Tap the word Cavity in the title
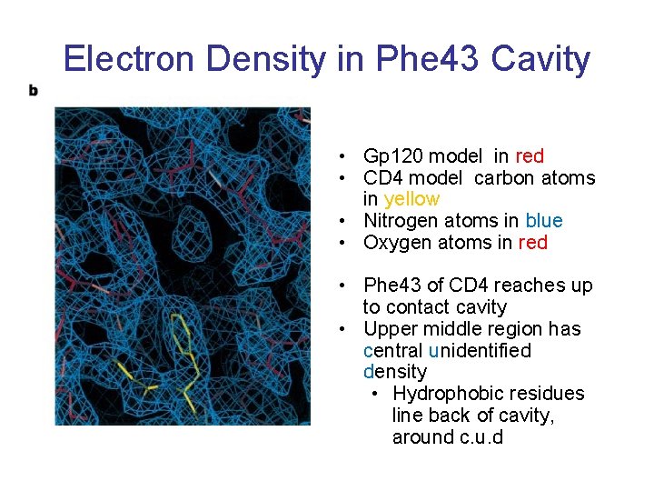coord(541,60)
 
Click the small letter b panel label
coord(34,90)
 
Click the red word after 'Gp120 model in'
coord(530,156)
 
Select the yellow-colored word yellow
coord(412,199)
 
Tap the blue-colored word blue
coord(544,221)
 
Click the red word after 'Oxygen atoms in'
coord(533,243)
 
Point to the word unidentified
coord(480,351)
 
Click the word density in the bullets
coord(394,372)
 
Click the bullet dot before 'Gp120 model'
coord(338,157)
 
